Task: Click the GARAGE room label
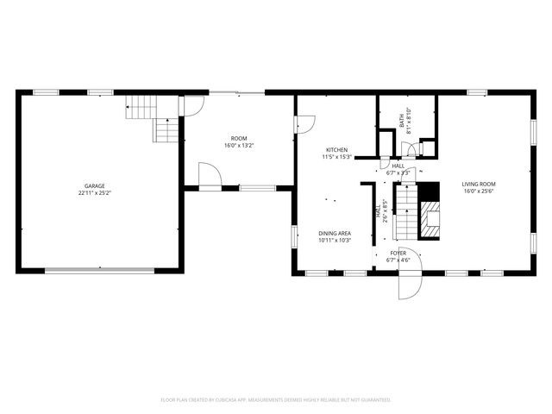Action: point(94,186)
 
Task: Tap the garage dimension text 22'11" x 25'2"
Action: point(94,193)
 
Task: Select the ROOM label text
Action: point(239,139)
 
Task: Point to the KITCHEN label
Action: point(336,150)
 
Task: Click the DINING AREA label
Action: point(334,233)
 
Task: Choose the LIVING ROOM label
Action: point(479,184)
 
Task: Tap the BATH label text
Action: point(403,122)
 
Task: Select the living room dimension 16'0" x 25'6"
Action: point(479,191)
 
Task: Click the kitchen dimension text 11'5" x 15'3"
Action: point(336,157)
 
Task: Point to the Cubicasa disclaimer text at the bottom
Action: point(276,399)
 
